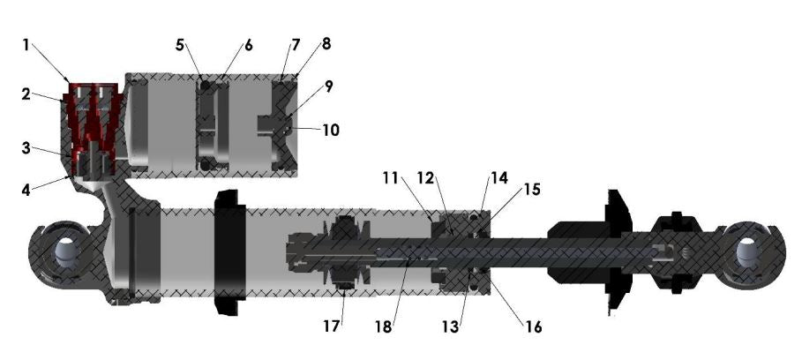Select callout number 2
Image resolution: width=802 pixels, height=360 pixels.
click(x=27, y=93)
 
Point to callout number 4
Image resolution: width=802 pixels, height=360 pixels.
click(x=26, y=187)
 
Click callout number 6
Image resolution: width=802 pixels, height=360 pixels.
click(x=249, y=44)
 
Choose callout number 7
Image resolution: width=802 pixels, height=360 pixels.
click(x=295, y=44)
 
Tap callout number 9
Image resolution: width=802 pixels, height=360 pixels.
click(x=329, y=87)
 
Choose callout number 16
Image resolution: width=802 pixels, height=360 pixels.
click(x=533, y=326)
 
